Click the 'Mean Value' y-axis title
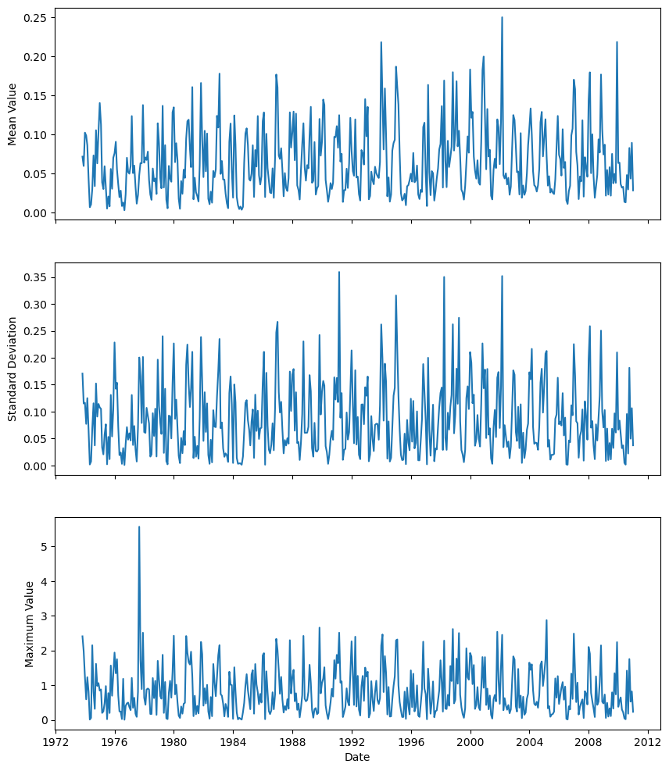click(x=13, y=114)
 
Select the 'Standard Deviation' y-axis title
click(x=13, y=369)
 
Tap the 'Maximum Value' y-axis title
click(x=30, y=623)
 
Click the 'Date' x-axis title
click(x=357, y=757)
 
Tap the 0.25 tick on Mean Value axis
click(x=36, y=17)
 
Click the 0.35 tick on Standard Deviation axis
click(x=36, y=277)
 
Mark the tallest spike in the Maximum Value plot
click(x=139, y=526)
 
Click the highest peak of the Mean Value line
click(x=502, y=17)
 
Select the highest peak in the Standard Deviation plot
click(x=338, y=272)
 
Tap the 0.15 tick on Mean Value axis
click(x=36, y=95)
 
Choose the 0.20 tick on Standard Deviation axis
click(x=36, y=358)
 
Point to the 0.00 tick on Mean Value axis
click(x=36, y=212)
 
